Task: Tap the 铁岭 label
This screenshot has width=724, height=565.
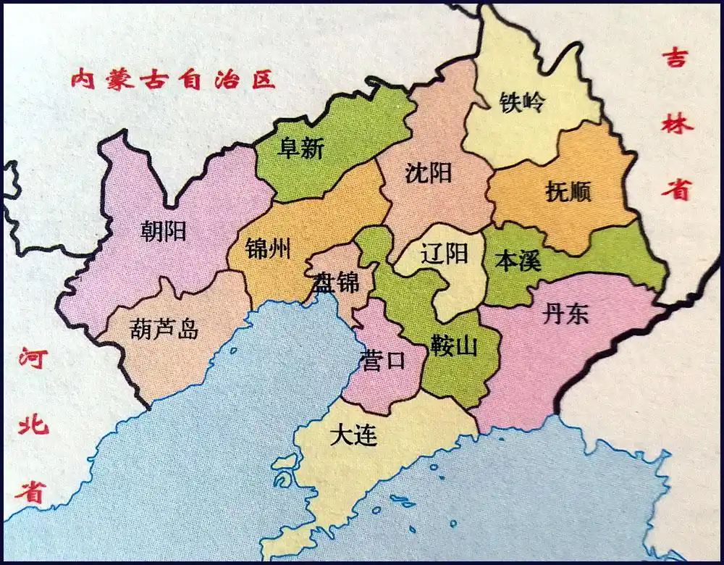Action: (x=521, y=103)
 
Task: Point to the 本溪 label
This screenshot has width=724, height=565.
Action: (x=517, y=260)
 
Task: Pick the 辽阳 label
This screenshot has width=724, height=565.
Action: (x=445, y=253)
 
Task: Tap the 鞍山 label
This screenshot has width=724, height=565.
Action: (x=454, y=346)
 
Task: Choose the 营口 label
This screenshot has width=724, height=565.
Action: (x=382, y=360)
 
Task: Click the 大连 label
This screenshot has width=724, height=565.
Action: (x=353, y=435)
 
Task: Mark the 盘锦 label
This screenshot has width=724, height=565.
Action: (x=336, y=282)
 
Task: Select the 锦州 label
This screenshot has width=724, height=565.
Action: (x=268, y=249)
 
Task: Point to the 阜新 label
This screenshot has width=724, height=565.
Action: (x=301, y=149)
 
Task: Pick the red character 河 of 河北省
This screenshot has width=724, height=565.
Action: (x=34, y=359)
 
